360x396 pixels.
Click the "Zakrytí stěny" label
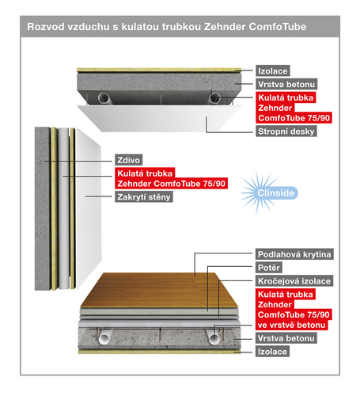[146, 197]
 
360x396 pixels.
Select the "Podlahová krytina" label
[294, 254]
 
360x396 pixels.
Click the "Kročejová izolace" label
[294, 281]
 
